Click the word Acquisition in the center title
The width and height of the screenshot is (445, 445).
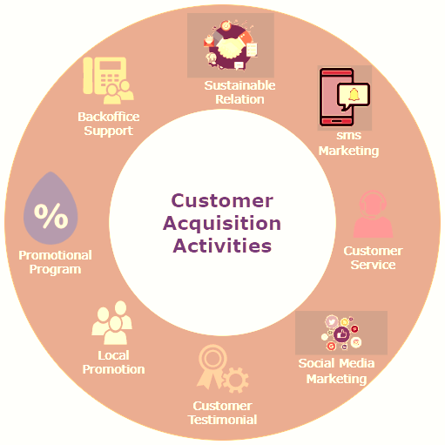(222, 225)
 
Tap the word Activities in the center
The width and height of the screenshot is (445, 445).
(222, 246)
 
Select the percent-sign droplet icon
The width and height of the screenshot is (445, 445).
(51, 208)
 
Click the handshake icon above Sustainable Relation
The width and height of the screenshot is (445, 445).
(230, 45)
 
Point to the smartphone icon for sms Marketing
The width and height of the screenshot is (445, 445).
(336, 98)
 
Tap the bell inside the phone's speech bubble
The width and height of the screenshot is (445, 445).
(354, 95)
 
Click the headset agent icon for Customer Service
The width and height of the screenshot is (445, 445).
(373, 214)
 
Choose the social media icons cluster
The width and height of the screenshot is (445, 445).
(341, 333)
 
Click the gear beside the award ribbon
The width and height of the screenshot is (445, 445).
(235, 380)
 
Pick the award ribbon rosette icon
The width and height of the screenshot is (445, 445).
(212, 367)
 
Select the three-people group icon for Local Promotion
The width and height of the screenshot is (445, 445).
(112, 322)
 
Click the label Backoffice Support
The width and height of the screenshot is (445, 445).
(109, 124)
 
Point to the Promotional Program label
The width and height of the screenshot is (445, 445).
(55, 262)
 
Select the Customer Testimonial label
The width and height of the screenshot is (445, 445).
(222, 413)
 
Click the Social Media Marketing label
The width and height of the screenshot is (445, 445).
(336, 371)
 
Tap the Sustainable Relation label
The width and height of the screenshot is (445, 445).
(239, 92)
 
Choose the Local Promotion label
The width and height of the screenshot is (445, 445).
(113, 362)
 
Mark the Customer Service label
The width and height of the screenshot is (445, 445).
(373, 258)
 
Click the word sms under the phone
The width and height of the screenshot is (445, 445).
(349, 135)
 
